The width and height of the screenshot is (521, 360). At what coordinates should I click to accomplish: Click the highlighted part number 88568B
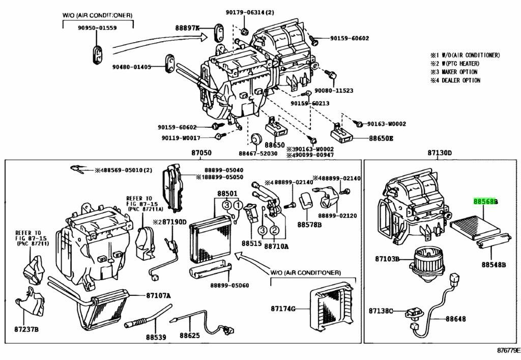coord(485,201)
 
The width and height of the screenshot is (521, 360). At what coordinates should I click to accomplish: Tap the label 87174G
coord(283,309)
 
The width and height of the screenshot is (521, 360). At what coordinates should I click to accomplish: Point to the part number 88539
coord(155,337)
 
